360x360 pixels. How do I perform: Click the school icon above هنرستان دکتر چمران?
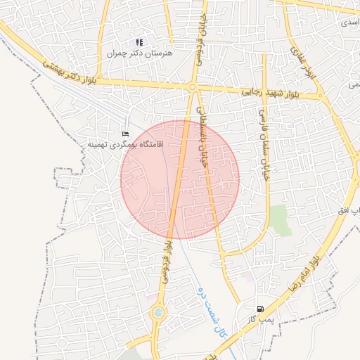[x=139, y=43]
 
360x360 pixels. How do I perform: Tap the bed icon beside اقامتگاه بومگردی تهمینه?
[x=126, y=134]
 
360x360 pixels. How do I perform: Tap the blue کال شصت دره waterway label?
[x=211, y=313]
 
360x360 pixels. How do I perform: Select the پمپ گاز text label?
[x=259, y=320]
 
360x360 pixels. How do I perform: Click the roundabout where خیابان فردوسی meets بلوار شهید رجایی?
[x=192, y=87]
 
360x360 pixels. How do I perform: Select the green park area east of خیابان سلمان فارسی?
[x=280, y=220]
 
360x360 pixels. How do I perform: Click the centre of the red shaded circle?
[x=180, y=179]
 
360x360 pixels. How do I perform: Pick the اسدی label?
[x=349, y=22]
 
